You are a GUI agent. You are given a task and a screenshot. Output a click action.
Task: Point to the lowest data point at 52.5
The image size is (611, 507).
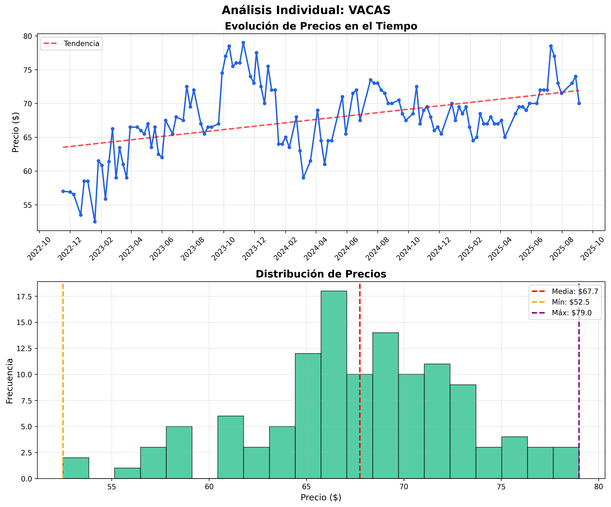pos(95,222)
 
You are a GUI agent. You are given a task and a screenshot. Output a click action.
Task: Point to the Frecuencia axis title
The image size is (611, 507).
pos(10,380)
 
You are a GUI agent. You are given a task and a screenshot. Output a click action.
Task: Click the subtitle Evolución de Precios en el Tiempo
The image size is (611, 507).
pos(321,26)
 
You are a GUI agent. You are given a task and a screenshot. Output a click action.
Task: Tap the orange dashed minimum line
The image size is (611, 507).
pos(63,378)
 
